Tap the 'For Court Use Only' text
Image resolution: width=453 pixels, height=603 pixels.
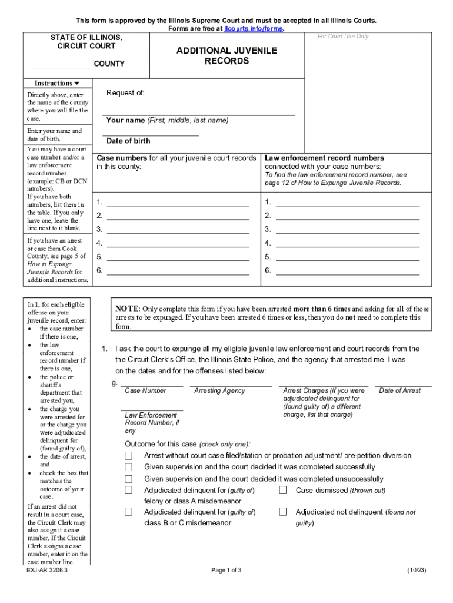click(343, 37)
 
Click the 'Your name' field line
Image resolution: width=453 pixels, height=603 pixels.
click(199, 112)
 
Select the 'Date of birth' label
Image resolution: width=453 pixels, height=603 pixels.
click(128, 141)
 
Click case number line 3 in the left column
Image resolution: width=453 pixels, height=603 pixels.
click(178, 229)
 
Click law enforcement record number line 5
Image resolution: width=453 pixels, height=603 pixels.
click(347, 257)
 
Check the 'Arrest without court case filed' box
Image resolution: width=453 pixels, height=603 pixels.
click(128, 456)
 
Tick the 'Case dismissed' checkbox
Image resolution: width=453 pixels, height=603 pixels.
click(283, 490)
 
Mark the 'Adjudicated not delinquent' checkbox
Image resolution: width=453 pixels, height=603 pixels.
click(283, 512)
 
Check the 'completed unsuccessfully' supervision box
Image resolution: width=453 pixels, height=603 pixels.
click(128, 479)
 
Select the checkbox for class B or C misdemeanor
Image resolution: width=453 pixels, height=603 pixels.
click(128, 512)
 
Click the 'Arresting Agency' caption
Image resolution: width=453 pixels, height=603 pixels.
click(219, 391)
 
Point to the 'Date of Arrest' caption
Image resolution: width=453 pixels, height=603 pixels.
click(400, 391)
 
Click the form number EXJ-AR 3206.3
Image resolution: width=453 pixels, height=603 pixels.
click(47, 571)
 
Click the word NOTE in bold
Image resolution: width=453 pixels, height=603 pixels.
click(126, 309)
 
